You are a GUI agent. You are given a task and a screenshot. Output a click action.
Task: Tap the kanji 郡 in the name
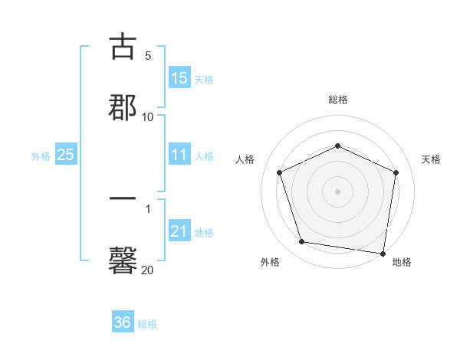[123, 105]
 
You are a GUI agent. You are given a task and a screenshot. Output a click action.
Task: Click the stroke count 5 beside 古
[148, 56]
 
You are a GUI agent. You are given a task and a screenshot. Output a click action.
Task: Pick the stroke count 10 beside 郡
[148, 116]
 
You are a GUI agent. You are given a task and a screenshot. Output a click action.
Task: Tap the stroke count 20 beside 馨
[148, 270]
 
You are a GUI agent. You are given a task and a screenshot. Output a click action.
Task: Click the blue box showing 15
[179, 78]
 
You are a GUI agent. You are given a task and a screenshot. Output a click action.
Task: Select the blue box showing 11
[179, 155]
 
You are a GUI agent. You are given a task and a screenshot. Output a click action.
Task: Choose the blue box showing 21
[179, 232]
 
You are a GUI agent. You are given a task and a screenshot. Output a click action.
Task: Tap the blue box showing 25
[66, 155]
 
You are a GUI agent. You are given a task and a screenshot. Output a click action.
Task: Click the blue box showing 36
[123, 323]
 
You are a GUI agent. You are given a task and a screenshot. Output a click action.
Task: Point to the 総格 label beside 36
[147, 324]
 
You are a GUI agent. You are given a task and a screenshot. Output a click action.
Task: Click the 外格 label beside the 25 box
[41, 156]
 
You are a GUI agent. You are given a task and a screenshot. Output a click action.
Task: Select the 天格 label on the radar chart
[432, 159]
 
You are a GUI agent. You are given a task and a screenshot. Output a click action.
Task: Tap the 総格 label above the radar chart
[338, 100]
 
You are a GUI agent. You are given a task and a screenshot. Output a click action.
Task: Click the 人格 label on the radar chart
[245, 159]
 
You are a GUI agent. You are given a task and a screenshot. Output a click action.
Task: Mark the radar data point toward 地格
[383, 253]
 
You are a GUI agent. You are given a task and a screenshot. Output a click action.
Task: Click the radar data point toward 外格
[302, 242]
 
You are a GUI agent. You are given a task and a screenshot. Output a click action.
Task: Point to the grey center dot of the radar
[338, 191]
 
